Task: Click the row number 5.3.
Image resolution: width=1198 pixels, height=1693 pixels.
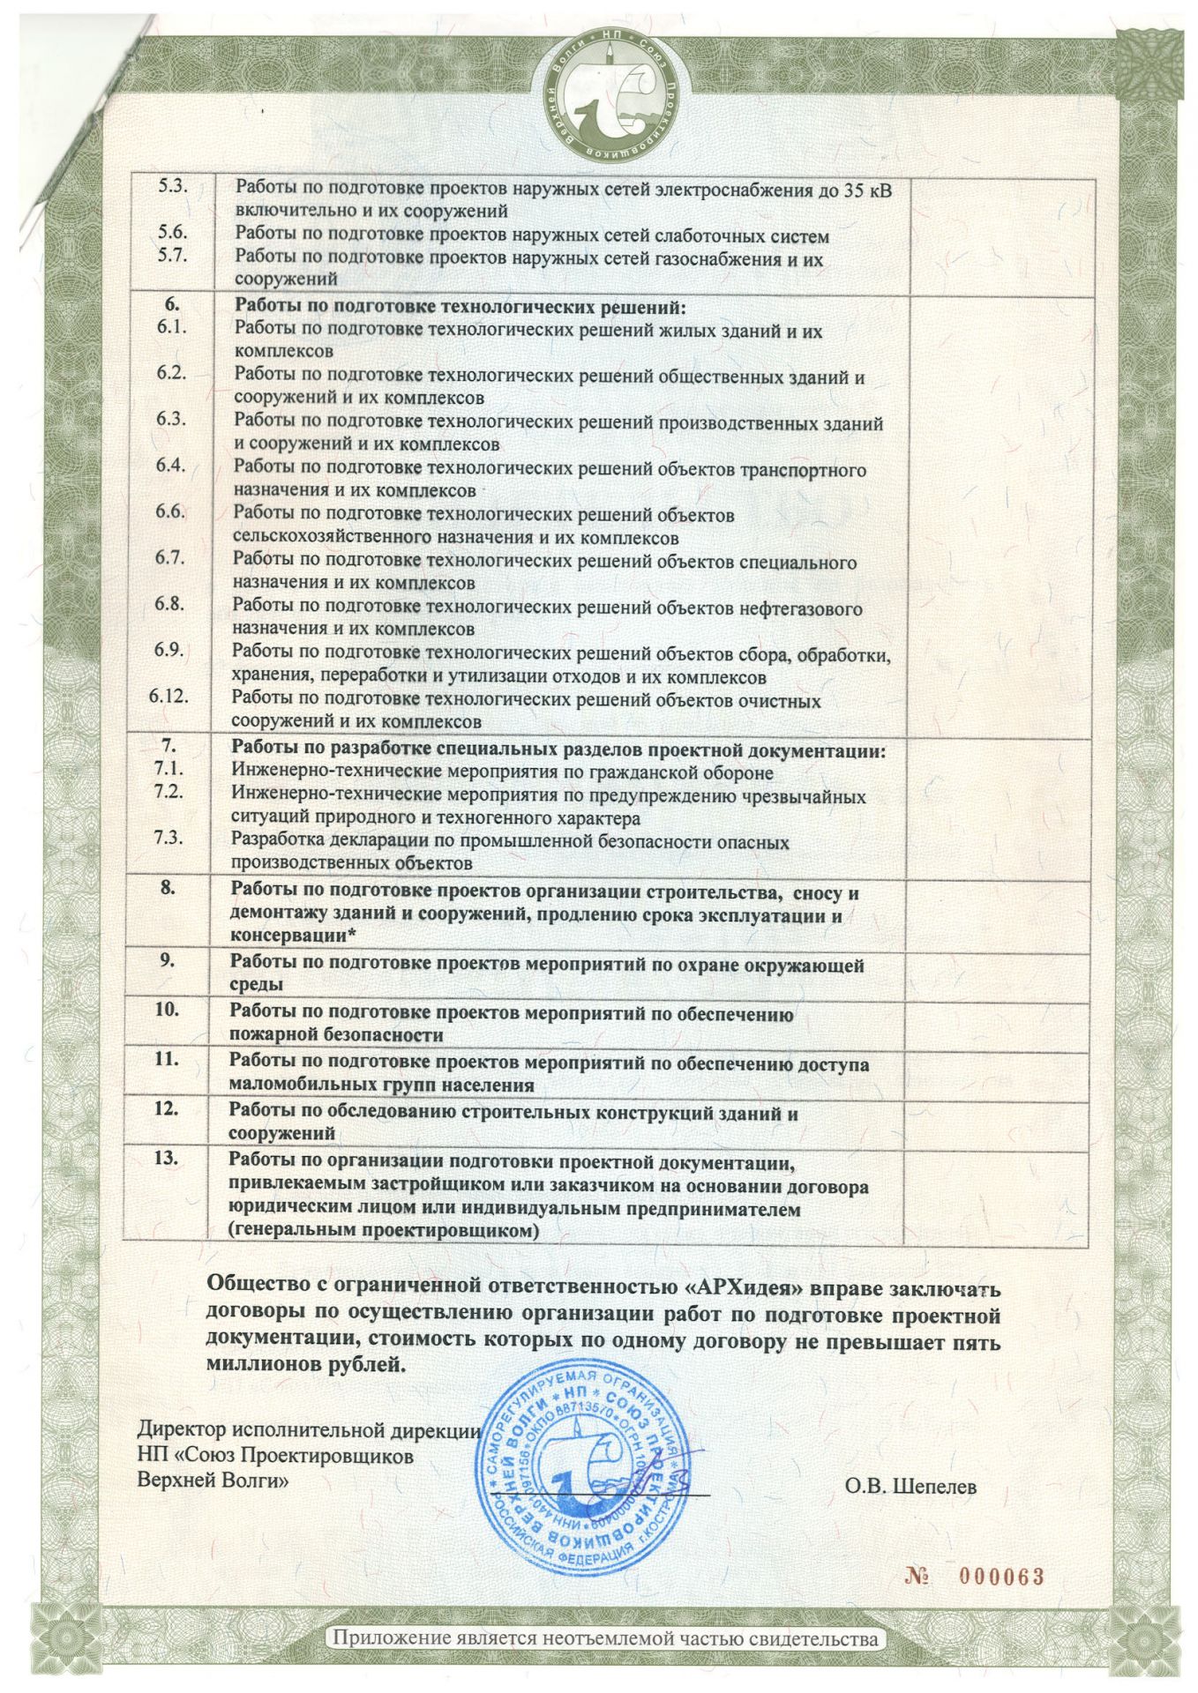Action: pyautogui.click(x=172, y=187)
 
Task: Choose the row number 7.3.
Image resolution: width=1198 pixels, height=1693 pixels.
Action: pyautogui.click(x=168, y=838)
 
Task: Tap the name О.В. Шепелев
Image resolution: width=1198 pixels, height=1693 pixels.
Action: pyautogui.click(x=910, y=1487)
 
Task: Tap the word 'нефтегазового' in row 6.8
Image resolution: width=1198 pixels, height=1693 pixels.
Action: pyautogui.click(x=801, y=608)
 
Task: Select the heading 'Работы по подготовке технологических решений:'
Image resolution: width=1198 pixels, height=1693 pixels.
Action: pyautogui.click(x=460, y=307)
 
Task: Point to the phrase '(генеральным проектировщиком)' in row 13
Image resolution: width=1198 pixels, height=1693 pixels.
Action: pyautogui.click(x=383, y=1229)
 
